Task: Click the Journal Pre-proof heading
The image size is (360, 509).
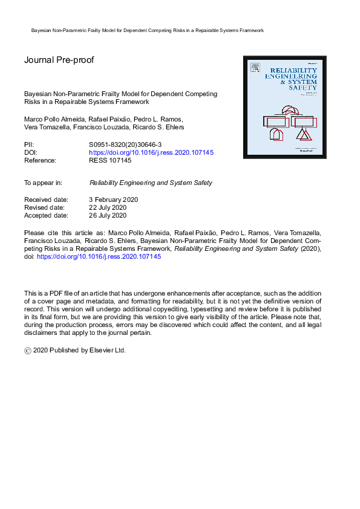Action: [x=59, y=60]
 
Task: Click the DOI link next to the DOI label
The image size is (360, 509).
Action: [x=151, y=153]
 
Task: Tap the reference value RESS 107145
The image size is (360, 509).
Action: [x=110, y=161]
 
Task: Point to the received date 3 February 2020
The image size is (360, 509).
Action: [x=114, y=199]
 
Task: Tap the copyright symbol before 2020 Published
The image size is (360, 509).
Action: [x=28, y=350]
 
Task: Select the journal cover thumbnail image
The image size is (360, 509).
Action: [x=284, y=107]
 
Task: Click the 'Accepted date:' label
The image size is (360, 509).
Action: [x=46, y=215]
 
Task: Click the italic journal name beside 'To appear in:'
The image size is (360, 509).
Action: [x=151, y=183]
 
